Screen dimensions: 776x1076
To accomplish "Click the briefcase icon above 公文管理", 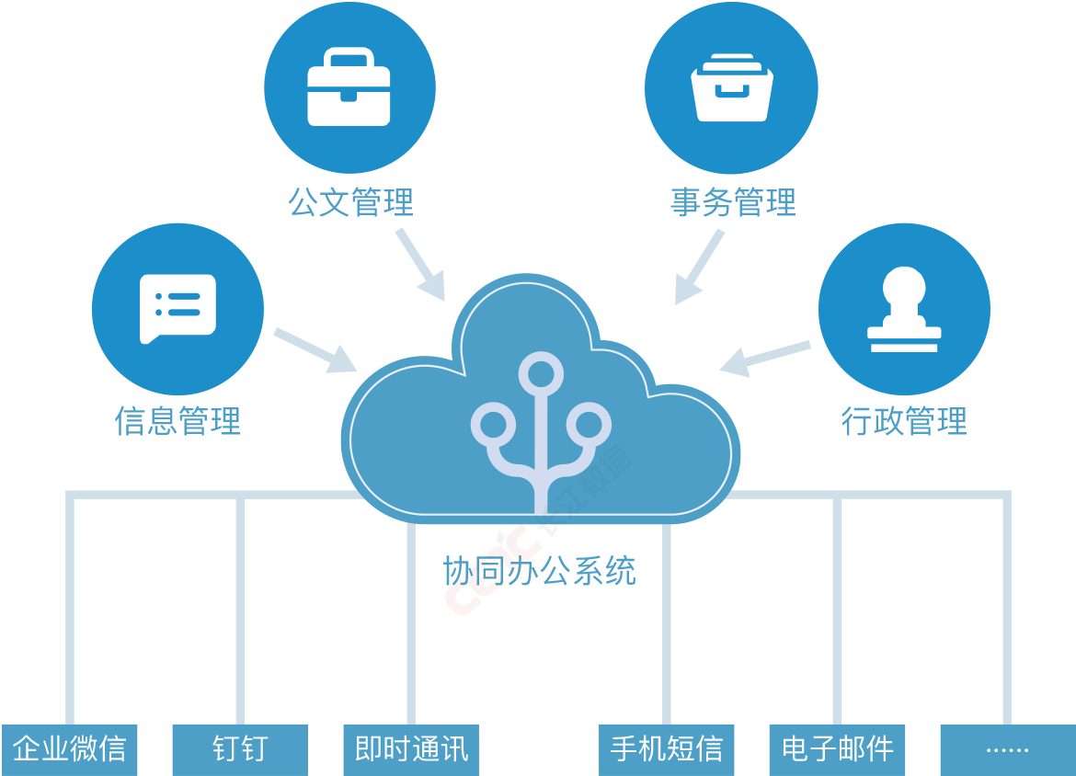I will point(349,86).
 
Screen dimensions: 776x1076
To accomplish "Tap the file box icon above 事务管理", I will point(731,86).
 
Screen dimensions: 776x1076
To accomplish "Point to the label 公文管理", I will point(350,202).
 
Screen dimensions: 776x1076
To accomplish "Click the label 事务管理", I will point(733,202).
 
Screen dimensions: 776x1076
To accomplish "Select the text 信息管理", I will point(177,421).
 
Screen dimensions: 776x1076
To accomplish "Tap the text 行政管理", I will point(904,421).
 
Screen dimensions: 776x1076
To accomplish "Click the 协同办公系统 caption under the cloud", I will point(539,571).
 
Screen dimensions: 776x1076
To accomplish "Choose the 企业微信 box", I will point(69,749).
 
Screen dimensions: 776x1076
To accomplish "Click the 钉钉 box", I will point(240,749).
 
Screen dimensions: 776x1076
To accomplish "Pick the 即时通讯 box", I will point(411,749).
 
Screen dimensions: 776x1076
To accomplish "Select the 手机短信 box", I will point(667,749).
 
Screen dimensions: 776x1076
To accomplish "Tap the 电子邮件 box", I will point(837,749).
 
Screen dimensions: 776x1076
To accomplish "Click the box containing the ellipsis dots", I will point(1007,749).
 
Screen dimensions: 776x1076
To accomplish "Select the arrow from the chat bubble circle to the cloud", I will point(315,350).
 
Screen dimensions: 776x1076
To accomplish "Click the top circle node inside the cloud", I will point(541,374).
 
